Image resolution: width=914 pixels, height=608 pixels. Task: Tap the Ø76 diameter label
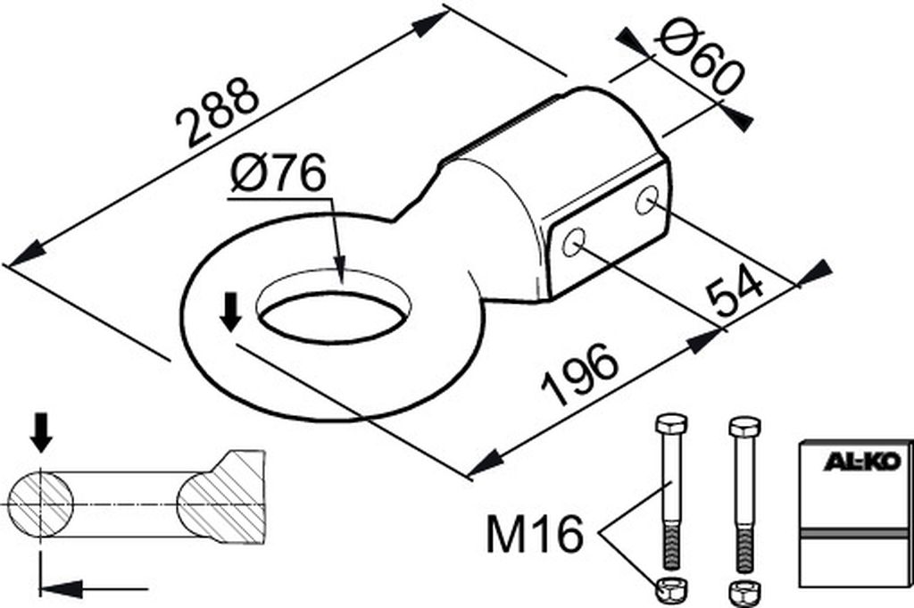[278, 174]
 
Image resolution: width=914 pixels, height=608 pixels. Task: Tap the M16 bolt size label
[535, 535]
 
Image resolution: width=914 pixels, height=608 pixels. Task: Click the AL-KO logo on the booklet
[866, 462]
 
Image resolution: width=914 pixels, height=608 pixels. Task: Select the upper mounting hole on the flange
[646, 200]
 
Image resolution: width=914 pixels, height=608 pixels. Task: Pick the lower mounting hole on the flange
[573, 243]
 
